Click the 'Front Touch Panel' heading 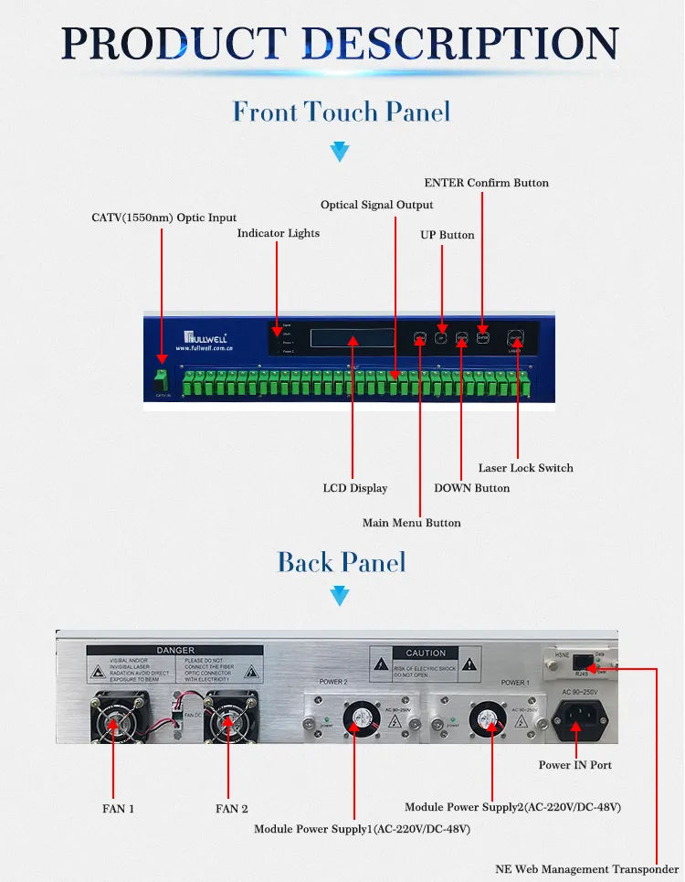tap(342, 112)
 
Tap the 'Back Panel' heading tap(342, 561)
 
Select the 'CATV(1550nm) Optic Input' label tap(164, 218)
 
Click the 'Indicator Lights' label tap(279, 233)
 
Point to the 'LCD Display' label tap(355, 488)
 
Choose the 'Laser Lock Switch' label tap(526, 468)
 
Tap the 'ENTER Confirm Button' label tap(487, 183)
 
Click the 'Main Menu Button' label tap(412, 523)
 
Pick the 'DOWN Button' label tap(472, 488)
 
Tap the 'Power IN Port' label tap(575, 764)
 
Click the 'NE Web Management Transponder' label tap(587, 869)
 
